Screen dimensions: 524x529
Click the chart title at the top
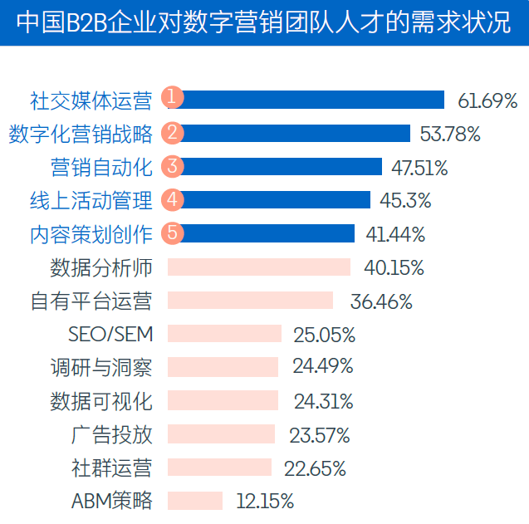coord(264,22)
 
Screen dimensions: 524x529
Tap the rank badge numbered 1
coord(172,98)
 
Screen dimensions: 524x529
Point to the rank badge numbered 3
coord(172,165)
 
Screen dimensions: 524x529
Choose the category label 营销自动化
coord(102,167)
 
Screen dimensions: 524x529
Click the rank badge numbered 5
coord(172,233)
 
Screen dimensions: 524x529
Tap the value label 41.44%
coord(395,234)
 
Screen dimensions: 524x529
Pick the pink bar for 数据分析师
coord(259,267)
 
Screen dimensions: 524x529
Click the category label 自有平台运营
coord(91,301)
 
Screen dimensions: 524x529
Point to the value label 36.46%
coord(381,301)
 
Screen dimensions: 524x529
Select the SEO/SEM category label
coord(110,335)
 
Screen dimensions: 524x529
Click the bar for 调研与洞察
coord(223,367)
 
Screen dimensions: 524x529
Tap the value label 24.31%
coord(323,402)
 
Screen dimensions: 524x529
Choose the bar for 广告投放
coord(221,434)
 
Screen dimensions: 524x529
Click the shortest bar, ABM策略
coord(196,501)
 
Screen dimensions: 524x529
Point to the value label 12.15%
coord(265,502)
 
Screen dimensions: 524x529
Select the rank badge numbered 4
coord(172,199)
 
